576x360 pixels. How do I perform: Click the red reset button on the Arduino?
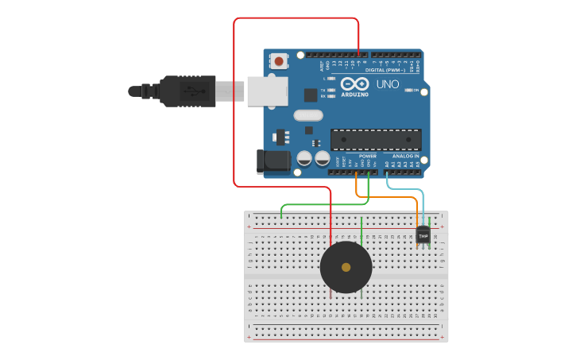point(279,60)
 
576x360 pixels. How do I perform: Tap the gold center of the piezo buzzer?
point(346,267)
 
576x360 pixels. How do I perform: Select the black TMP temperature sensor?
point(423,235)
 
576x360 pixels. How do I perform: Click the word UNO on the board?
point(387,84)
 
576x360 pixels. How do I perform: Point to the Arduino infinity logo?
point(354,83)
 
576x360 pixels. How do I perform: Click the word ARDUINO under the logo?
point(354,95)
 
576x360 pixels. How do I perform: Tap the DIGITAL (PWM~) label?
point(385,70)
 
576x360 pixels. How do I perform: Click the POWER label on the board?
point(367,156)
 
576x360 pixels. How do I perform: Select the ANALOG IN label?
point(405,156)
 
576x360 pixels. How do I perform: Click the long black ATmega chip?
point(376,140)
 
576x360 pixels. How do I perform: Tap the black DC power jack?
point(273,161)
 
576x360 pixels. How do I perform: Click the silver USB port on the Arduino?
point(267,91)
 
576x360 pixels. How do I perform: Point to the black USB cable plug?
point(187,91)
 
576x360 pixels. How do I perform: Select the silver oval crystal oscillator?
point(308,114)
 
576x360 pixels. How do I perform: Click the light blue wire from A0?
point(405,189)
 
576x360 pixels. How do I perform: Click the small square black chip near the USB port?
point(311,95)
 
